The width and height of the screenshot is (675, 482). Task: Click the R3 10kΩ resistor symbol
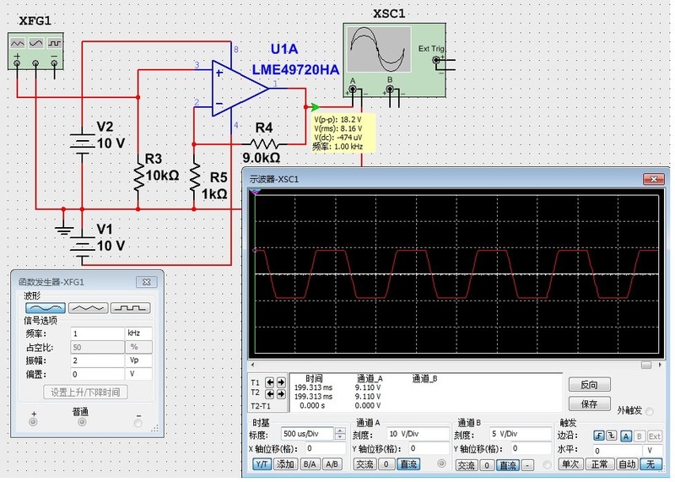tap(138, 176)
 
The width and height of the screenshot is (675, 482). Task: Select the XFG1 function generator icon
tap(35, 51)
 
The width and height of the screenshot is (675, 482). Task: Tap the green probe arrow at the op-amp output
tap(315, 107)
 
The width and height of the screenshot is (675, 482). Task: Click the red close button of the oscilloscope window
tap(652, 179)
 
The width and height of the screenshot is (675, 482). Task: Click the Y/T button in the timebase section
tap(262, 464)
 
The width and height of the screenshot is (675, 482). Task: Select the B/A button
tap(310, 464)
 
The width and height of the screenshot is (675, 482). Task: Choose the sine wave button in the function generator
tap(44, 308)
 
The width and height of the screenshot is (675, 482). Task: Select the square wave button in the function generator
tap(133, 308)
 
